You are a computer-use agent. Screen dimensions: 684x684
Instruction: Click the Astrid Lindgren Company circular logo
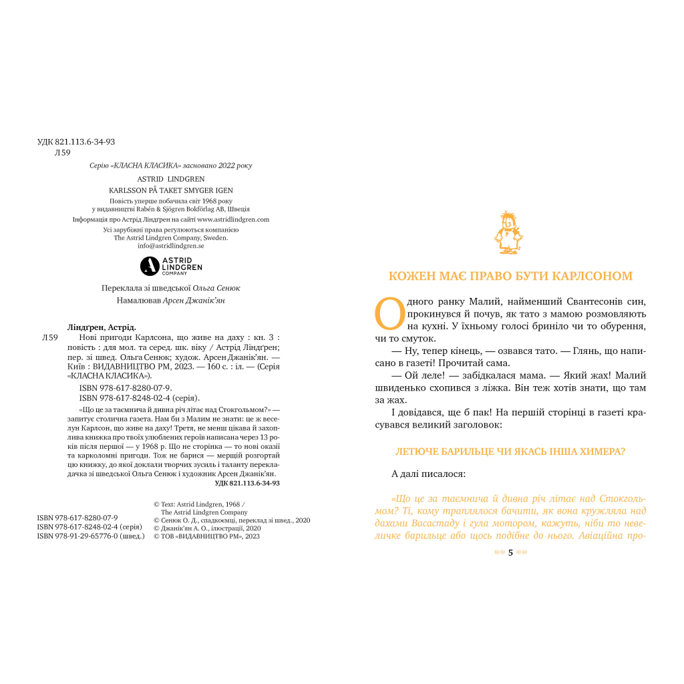pyautogui.click(x=150, y=266)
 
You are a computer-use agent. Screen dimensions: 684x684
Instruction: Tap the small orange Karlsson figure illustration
pyautogui.click(x=510, y=233)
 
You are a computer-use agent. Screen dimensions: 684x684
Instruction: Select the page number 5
pyautogui.click(x=510, y=552)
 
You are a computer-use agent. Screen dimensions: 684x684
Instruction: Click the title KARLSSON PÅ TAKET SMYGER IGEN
pyautogui.click(x=171, y=190)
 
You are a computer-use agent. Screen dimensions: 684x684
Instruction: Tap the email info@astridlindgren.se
pyautogui.click(x=171, y=246)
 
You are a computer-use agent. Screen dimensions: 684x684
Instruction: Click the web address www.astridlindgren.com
pyautogui.click(x=233, y=219)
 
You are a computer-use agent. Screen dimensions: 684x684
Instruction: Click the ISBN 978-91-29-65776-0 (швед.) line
pyautogui.click(x=91, y=536)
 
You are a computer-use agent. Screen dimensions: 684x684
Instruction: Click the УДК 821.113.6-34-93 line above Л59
pyautogui.click(x=76, y=142)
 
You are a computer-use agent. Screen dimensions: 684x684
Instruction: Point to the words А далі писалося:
pyautogui.click(x=429, y=474)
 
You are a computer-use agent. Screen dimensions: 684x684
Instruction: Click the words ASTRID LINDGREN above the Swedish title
pyautogui.click(x=171, y=179)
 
